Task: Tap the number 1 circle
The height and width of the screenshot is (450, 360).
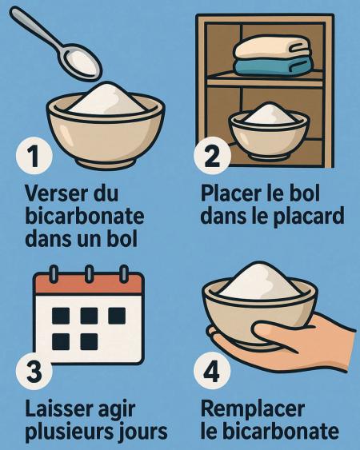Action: click(x=34, y=156)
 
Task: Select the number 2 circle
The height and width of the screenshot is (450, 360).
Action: click(x=212, y=156)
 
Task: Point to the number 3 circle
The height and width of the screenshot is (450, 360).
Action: click(x=34, y=371)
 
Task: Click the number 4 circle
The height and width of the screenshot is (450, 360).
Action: click(x=212, y=371)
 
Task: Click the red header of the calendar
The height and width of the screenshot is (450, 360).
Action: click(x=89, y=284)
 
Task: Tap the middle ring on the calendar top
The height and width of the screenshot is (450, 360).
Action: click(x=89, y=273)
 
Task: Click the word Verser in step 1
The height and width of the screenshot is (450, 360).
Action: click(x=53, y=193)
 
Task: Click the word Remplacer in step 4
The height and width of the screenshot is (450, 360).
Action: click(x=253, y=410)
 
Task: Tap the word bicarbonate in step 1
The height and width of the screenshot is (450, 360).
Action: click(x=85, y=216)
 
